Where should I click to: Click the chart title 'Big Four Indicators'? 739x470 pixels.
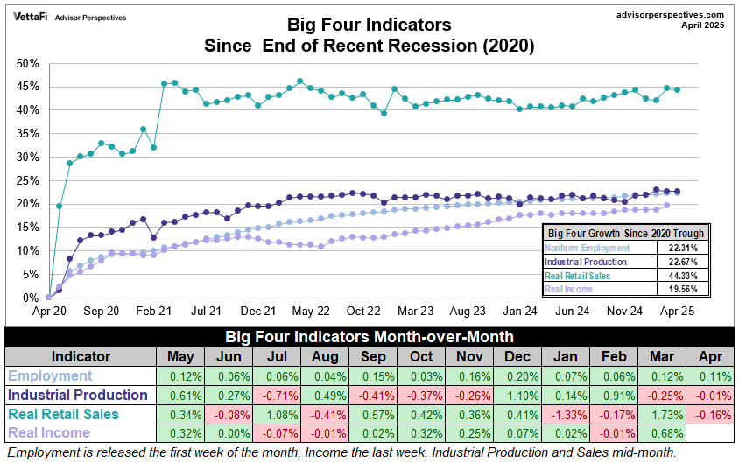coord(369,24)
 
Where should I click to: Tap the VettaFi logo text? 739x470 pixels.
coord(31,17)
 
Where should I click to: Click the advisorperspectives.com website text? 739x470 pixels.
coord(671,14)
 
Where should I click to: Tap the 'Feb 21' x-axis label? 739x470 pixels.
coord(152,311)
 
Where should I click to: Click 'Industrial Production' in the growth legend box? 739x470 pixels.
coord(586,261)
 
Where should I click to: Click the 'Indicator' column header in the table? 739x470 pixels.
coord(81,357)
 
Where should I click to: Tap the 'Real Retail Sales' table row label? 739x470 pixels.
coord(64,414)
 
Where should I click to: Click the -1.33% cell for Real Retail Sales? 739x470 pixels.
coord(565,414)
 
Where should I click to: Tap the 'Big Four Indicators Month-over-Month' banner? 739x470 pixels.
coord(369,337)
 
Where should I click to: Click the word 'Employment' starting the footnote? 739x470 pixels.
coord(38,452)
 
